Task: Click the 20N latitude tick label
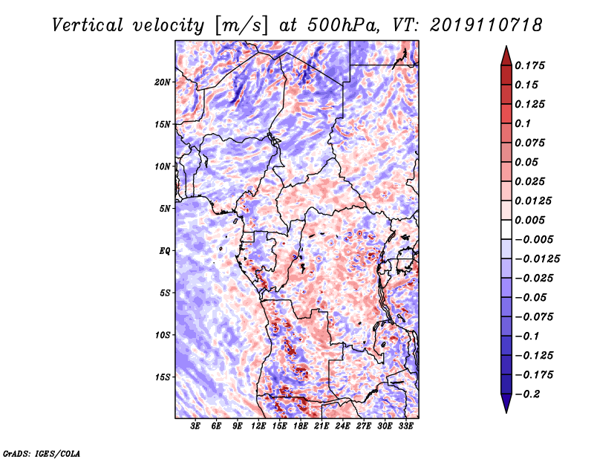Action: (163, 82)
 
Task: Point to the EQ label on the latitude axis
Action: (164, 251)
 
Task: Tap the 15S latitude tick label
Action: (163, 377)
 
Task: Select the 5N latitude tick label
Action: (165, 209)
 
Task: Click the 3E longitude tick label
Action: (195, 426)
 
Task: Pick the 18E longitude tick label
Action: (301, 426)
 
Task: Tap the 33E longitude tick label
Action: (405, 426)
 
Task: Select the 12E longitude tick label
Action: (258, 426)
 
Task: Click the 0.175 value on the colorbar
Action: (529, 65)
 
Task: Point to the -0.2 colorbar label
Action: (527, 394)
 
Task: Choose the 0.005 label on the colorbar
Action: (529, 220)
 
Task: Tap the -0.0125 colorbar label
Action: (537, 259)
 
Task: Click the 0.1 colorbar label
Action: (523, 123)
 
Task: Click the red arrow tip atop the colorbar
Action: (506, 46)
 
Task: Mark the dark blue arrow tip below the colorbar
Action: (506, 412)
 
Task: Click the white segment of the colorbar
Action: (506, 229)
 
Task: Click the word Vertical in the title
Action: (88, 25)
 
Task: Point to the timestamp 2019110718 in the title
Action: (486, 25)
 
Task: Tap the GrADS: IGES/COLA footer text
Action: (42, 453)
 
